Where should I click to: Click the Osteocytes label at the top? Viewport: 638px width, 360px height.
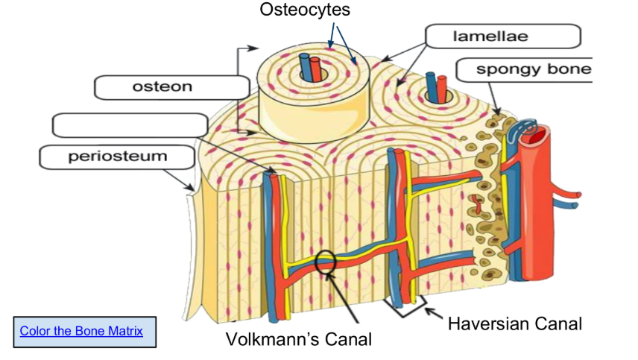click(305, 10)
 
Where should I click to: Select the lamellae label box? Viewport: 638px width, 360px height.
click(502, 37)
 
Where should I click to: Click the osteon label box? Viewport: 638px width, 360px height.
click(171, 86)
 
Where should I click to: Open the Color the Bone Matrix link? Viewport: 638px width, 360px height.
click(81, 330)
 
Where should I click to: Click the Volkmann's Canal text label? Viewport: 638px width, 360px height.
click(298, 339)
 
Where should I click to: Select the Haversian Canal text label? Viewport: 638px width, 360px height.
click(514, 323)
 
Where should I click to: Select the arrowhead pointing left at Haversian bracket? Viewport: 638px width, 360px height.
click(430, 311)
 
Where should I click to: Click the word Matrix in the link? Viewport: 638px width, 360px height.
click(124, 330)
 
